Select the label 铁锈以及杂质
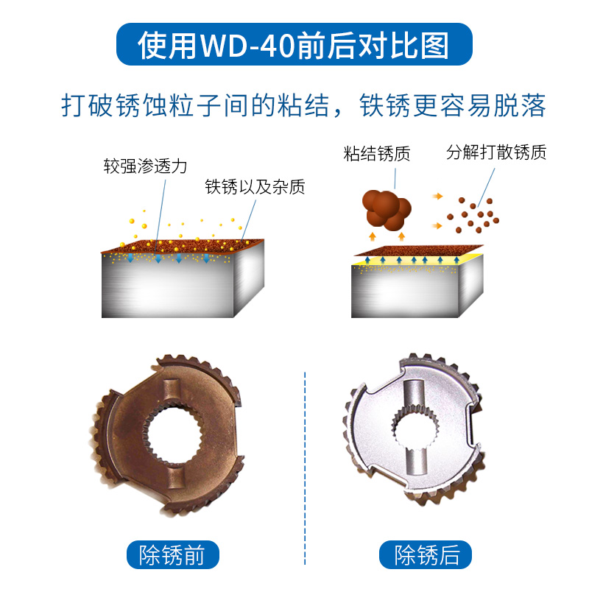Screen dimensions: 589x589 255,187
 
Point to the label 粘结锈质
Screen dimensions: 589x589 376,155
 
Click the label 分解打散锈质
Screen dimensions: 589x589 496,153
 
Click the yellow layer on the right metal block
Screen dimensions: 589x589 412,261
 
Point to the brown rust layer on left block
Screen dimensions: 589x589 184,246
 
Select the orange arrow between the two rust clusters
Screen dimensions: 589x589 438,197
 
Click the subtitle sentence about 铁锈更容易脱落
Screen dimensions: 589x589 303,105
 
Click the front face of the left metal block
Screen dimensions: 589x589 169,291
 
